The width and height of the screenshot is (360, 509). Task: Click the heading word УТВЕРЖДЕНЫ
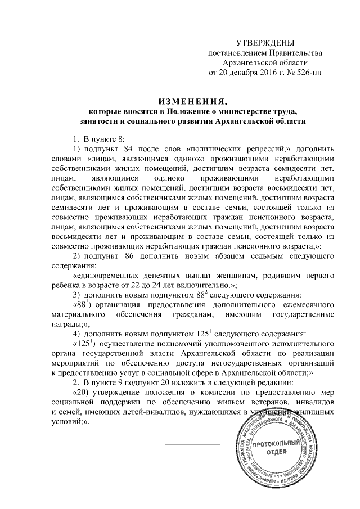(265, 43)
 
